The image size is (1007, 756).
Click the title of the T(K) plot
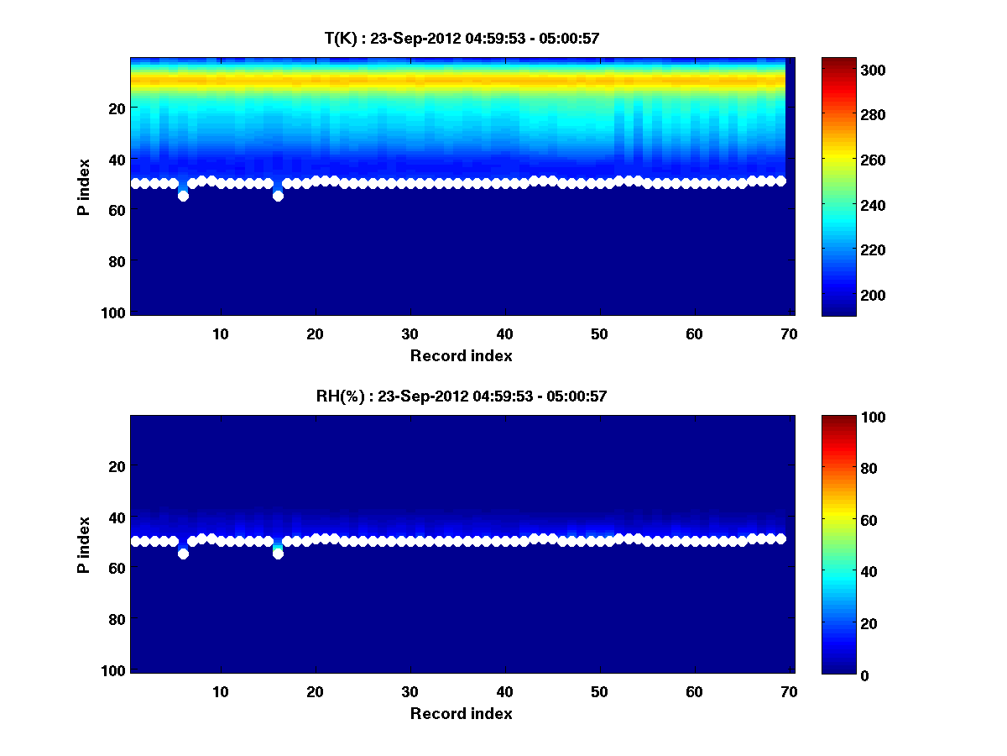(x=462, y=39)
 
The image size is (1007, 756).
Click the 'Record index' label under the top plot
(x=462, y=356)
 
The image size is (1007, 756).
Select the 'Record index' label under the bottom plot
(x=462, y=714)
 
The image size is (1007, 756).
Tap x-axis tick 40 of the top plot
(x=505, y=333)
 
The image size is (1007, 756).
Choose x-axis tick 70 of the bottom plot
(x=789, y=691)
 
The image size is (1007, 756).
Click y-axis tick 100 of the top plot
(x=116, y=312)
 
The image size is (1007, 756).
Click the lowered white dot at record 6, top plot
(x=183, y=196)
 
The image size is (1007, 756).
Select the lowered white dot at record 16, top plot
(x=278, y=196)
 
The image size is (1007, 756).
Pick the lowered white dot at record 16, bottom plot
(x=278, y=554)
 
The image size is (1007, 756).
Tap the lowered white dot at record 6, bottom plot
(x=183, y=554)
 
